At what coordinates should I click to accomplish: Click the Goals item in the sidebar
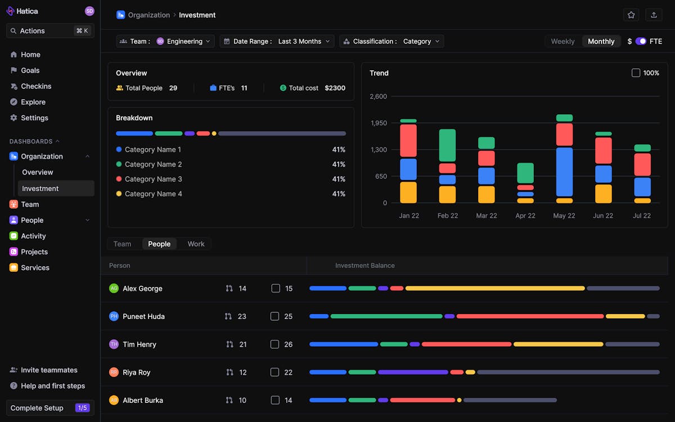tap(30, 70)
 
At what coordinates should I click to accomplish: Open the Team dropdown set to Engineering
tap(165, 41)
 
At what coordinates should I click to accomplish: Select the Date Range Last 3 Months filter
tap(277, 41)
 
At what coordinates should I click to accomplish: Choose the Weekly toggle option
tap(562, 41)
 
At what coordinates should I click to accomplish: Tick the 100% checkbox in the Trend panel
tap(636, 73)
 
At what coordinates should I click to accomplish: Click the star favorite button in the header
tap(631, 15)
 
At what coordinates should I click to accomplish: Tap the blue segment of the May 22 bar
tap(564, 172)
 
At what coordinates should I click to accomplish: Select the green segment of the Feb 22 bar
tap(447, 145)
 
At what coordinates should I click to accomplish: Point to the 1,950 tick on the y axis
tap(378, 123)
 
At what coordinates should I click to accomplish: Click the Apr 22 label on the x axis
tap(525, 216)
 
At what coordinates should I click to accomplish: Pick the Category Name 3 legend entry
tap(153, 179)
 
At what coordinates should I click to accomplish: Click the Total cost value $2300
tap(335, 88)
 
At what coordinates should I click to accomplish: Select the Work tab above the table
tap(196, 244)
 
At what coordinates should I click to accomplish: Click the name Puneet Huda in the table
tap(143, 316)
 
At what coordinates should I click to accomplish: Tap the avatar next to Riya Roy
tap(114, 372)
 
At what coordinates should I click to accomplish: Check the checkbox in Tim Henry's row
tap(274, 344)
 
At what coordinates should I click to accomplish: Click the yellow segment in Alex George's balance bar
tap(495, 288)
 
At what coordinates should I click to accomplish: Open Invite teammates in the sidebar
tap(49, 370)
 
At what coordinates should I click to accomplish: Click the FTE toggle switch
tap(641, 41)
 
